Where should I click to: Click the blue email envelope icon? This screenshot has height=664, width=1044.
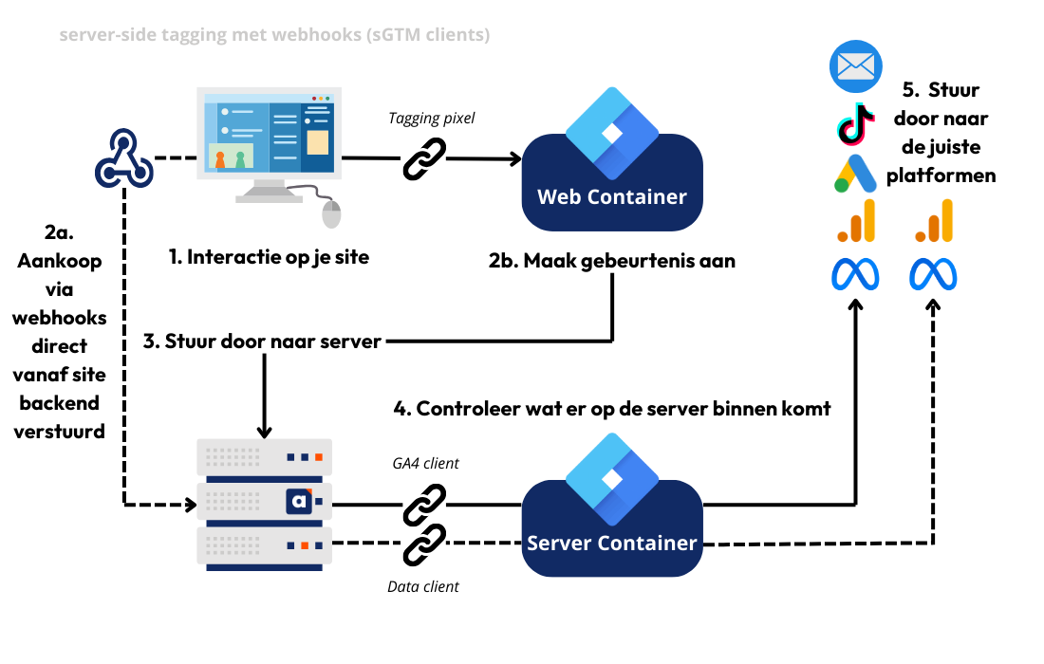[856, 65]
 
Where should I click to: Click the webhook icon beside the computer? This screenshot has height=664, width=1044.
[123, 159]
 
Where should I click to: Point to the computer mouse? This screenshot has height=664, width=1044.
[331, 213]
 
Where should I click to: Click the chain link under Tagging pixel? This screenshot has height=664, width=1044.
[425, 158]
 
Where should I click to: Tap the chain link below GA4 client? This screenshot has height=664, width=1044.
[424, 504]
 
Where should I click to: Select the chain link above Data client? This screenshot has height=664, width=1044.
[424, 544]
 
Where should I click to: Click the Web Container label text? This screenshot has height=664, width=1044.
[612, 197]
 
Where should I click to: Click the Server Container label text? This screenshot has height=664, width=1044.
[612, 544]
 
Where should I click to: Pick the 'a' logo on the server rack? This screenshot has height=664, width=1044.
[299, 501]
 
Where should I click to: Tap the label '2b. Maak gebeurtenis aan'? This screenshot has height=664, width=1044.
[612, 261]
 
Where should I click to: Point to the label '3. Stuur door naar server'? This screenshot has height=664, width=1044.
[262, 341]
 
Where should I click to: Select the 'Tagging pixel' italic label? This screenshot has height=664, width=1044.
[432, 118]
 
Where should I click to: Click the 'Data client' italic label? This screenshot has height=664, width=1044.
[423, 586]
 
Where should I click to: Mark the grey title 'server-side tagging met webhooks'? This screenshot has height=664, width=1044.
[274, 35]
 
